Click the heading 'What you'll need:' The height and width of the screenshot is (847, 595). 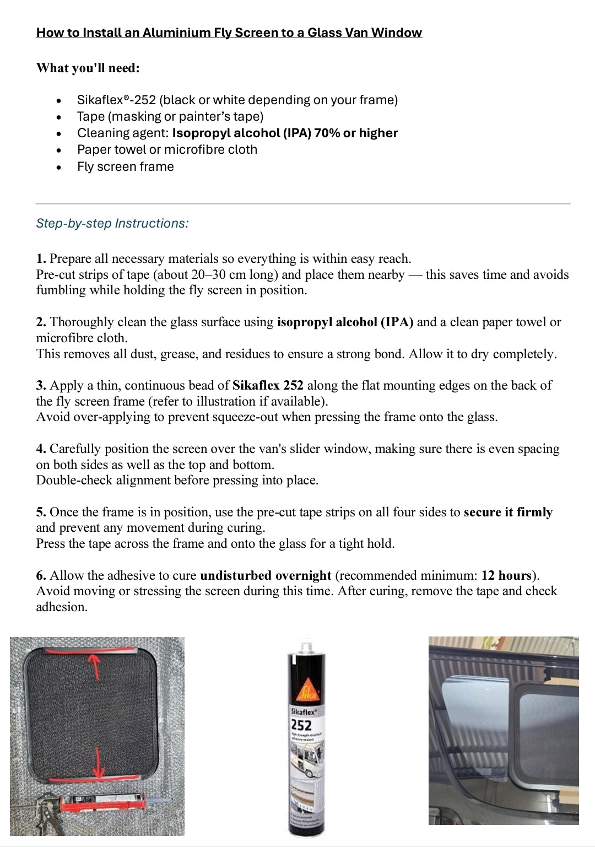tap(88, 68)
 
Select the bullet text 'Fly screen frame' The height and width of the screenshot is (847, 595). tap(126, 166)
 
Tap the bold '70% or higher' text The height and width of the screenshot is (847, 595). tap(356, 133)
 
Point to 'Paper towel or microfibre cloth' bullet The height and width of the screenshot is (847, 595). tap(167, 149)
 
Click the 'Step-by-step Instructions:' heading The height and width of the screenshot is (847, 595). tap(112, 223)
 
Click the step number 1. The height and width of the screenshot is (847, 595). tap(41, 259)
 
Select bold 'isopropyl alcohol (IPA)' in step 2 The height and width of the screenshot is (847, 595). tap(345, 322)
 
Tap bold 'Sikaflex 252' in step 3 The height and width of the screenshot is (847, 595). tap(268, 385)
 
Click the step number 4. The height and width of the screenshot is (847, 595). tap(41, 449)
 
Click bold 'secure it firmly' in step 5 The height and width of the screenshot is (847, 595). tap(508, 512)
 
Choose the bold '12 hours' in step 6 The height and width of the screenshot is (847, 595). tap(506, 576)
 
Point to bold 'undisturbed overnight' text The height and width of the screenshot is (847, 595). tap(266, 576)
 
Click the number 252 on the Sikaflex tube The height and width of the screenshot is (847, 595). tap(301, 725)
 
